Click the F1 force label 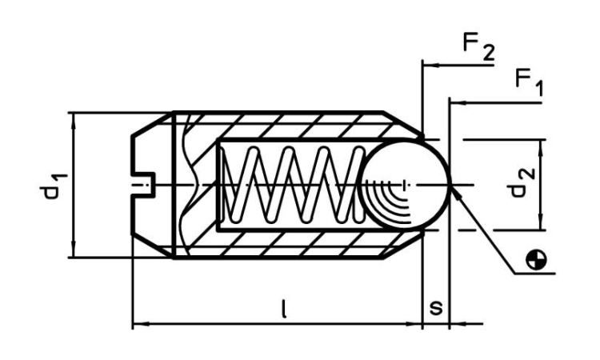[530, 82]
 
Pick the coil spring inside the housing [288, 184]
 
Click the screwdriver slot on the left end [141, 185]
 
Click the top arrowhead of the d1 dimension [73, 118]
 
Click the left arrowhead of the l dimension [137, 325]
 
